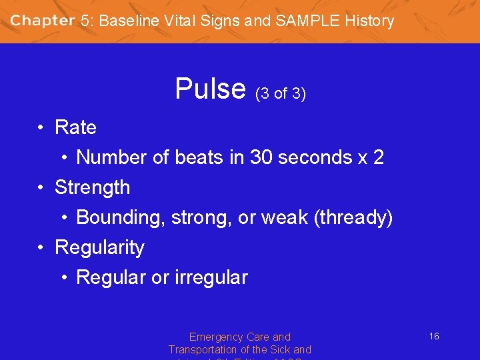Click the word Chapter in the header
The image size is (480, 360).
pyautogui.click(x=42, y=21)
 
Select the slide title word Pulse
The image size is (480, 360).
pyautogui.click(x=210, y=89)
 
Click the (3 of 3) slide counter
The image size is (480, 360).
pyautogui.click(x=280, y=94)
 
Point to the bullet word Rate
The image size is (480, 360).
pyautogui.click(x=75, y=127)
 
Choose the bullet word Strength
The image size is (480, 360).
pyautogui.click(x=92, y=187)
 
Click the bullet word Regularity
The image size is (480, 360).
pyautogui.click(x=99, y=248)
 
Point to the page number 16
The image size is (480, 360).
pyautogui.click(x=433, y=337)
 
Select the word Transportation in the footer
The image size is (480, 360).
pyautogui.click(x=207, y=350)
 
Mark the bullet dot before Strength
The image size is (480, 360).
pyautogui.click(x=41, y=187)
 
